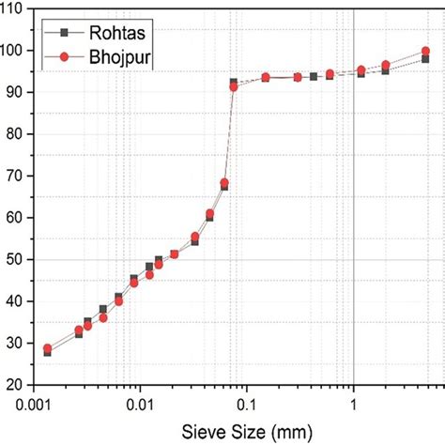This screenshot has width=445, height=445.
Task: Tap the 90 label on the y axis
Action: (x=20, y=92)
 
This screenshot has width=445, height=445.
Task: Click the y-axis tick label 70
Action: (x=20, y=176)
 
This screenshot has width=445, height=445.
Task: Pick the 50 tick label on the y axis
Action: (x=20, y=259)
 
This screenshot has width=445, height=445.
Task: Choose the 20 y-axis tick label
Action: (x=20, y=385)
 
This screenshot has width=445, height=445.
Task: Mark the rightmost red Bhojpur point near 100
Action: (x=425, y=51)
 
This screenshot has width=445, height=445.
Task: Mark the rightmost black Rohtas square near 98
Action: (x=425, y=59)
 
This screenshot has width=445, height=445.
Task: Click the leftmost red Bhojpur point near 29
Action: (x=48, y=348)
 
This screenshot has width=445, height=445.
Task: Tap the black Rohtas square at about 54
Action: (x=194, y=242)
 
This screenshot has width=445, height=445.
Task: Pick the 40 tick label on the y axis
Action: (x=20, y=301)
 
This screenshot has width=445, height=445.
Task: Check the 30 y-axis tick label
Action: (x=20, y=343)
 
